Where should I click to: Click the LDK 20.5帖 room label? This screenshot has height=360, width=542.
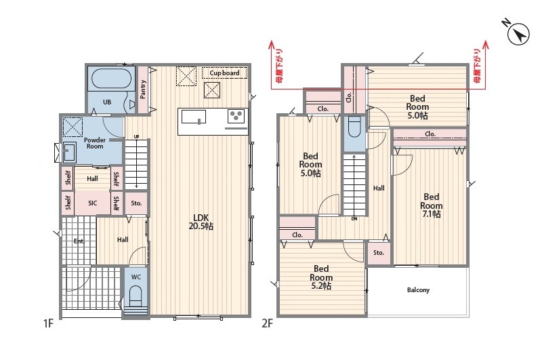coord(201,222)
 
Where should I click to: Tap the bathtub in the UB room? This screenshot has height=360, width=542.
coord(111,79)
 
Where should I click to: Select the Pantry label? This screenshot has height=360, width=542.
coord(143,89)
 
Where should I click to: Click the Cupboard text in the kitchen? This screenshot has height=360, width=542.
coord(224,73)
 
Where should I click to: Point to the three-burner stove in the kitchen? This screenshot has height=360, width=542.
coord(236,115)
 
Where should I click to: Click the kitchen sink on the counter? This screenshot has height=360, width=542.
coord(194,117)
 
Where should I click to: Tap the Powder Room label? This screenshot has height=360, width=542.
coord(95,143)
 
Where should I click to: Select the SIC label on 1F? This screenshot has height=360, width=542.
coord(92,203)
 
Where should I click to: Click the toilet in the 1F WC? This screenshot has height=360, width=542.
coord(136,295)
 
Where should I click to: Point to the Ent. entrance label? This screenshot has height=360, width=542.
coord(79,241)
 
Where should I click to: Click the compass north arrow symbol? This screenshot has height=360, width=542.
coord(518,34)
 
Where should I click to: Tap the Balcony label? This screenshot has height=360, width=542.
coord(418,289)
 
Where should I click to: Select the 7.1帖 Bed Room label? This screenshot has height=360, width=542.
coord(431,205)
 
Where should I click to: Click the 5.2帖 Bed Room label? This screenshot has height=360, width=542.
coord(321,277)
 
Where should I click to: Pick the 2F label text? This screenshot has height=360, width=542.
coord(267,323)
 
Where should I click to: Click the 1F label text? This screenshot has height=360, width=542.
coord(48,323)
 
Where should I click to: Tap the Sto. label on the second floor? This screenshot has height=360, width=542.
coord(379,253)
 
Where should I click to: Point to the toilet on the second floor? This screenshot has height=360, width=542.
coord(354,127)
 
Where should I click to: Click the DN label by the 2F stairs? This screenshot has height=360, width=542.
coord(354,219)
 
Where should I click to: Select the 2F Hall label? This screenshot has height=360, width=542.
coord(379,188)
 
